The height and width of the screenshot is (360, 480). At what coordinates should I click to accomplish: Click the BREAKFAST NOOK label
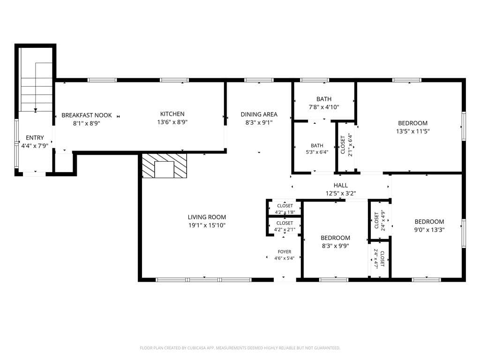coord(87,115)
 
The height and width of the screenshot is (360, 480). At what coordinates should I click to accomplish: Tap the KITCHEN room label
coord(172,114)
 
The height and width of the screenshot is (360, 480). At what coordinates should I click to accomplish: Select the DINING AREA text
coord(259,114)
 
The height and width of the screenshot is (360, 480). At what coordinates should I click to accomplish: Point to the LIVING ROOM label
coord(207,217)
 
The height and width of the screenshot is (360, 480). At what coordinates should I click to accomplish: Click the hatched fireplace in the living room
coord(165,165)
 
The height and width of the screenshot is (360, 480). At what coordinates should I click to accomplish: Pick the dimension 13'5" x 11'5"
coord(412,131)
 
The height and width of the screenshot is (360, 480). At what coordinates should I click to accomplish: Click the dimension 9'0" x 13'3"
coord(429,230)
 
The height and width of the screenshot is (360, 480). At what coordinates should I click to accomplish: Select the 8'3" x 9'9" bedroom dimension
coord(336,246)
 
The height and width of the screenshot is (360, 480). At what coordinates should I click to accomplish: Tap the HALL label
coord(341,185)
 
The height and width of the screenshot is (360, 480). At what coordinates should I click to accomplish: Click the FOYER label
coord(285,252)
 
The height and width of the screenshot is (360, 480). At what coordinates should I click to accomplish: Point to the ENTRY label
coord(35,138)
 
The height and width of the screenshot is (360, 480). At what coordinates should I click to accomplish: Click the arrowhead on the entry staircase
coord(36,110)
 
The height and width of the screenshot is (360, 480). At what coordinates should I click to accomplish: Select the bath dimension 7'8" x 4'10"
coord(324,107)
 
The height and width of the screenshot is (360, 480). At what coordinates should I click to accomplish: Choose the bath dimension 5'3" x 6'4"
coord(317,152)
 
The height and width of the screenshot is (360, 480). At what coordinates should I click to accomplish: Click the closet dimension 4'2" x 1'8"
coord(285,212)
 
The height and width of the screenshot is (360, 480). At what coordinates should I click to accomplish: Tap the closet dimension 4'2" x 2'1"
coord(285,230)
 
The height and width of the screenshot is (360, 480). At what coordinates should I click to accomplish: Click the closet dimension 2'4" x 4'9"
coord(382,220)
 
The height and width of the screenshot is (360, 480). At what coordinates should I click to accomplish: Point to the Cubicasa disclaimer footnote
coord(240,348)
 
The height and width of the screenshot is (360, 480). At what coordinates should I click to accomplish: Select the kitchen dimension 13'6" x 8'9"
coord(172,122)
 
